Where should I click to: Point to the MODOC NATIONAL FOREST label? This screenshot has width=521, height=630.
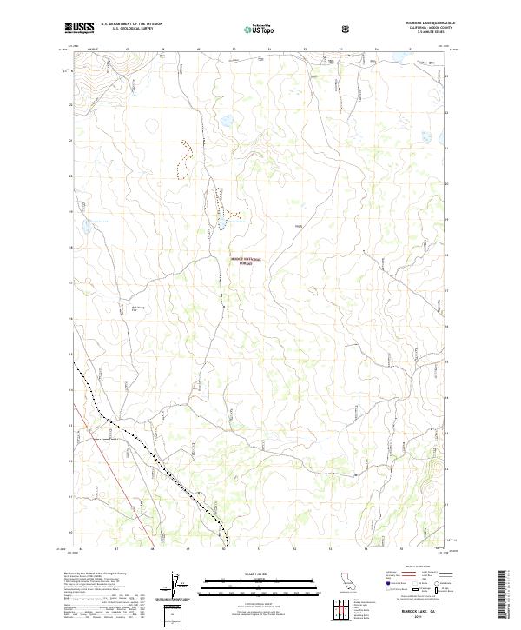click(x=245, y=260)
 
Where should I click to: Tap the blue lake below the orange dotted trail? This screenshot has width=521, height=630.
click(x=223, y=223)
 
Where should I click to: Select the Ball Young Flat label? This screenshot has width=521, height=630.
click(x=138, y=307)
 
